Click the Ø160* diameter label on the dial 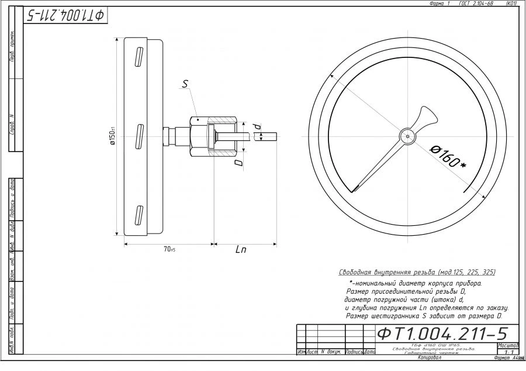click(x=448, y=156)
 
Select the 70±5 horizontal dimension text click(x=169, y=250)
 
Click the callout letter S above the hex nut click(x=185, y=84)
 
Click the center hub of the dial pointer click(x=406, y=136)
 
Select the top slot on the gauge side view click(x=139, y=57)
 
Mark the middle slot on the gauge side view click(x=139, y=136)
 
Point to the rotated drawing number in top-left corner click(x=65, y=15)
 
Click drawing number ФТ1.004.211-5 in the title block click(x=442, y=334)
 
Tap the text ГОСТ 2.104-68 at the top click(x=476, y=4)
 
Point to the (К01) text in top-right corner click(x=511, y=4)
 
